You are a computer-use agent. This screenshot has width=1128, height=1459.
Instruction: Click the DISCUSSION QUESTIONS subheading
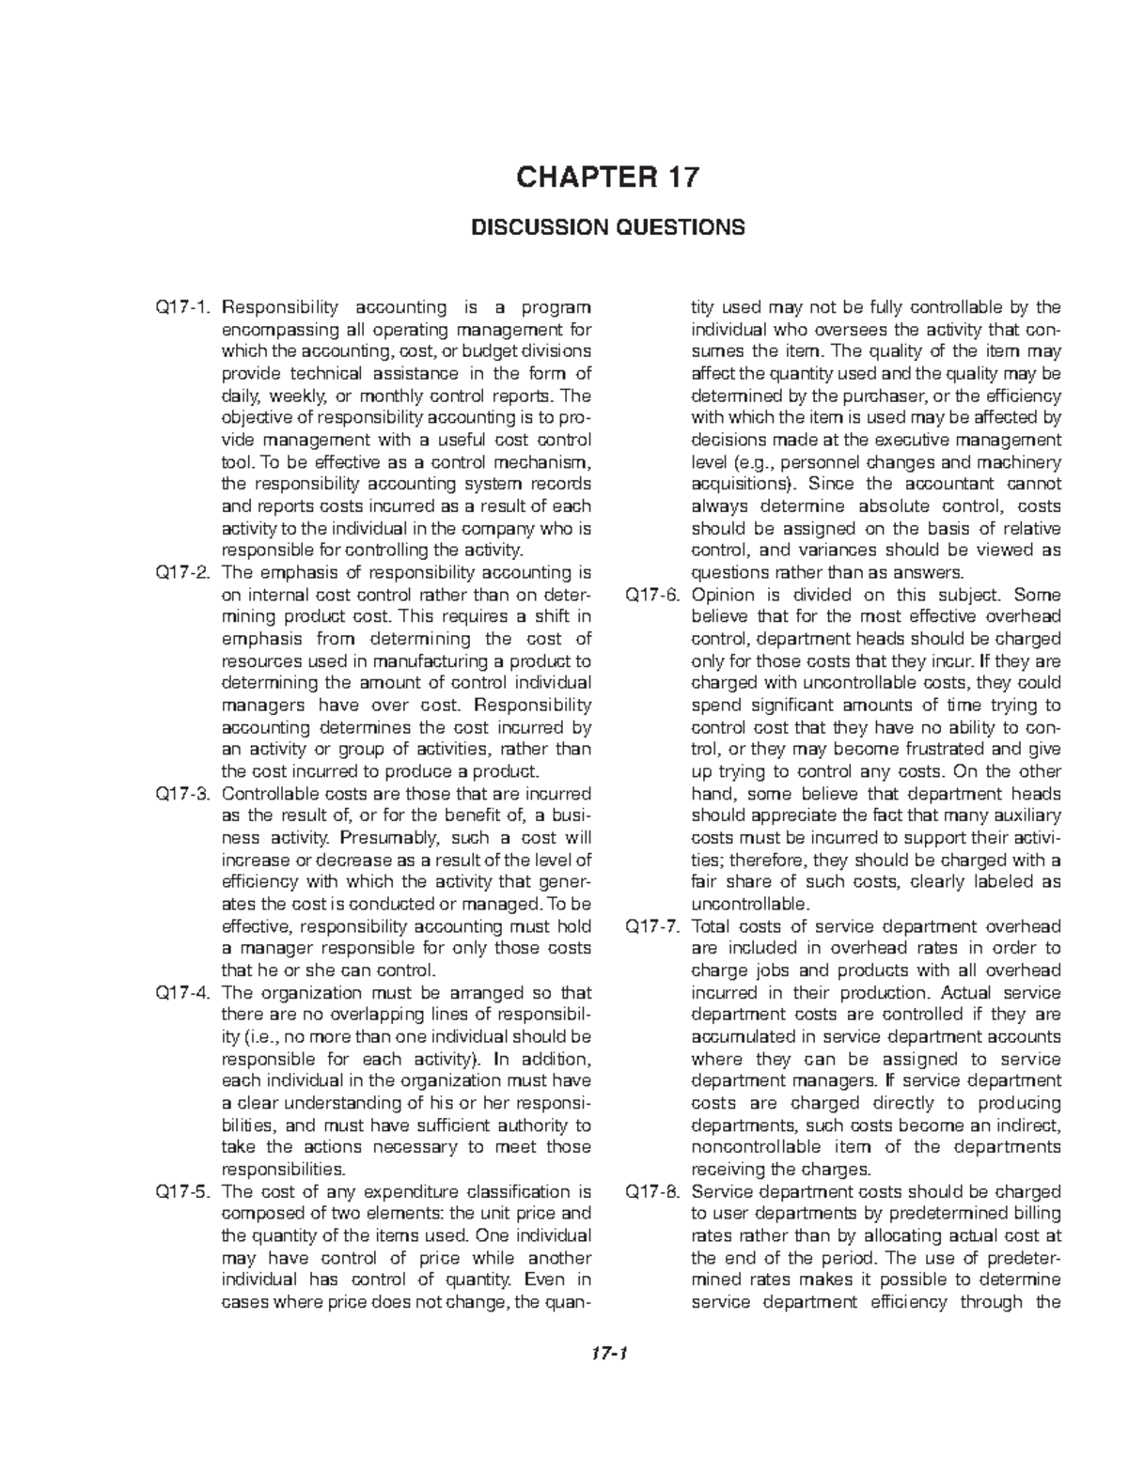pos(607,227)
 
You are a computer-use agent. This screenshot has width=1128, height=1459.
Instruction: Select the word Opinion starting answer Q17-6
pos(722,595)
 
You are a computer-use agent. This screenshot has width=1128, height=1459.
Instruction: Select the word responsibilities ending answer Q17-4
pos(281,1170)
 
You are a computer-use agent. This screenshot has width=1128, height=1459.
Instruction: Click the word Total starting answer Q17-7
pos(710,926)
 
